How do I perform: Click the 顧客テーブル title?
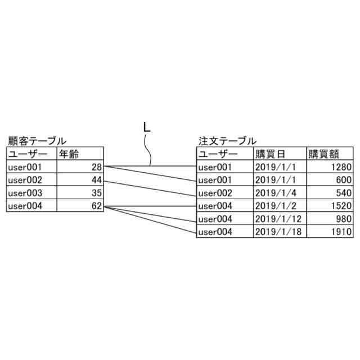coord(37,141)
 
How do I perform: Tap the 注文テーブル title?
coord(227,141)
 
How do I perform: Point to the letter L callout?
coord(146,128)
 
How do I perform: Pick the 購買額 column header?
coord(323,154)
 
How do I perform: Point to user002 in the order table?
coord(215,193)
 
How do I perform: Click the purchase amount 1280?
coord(341,167)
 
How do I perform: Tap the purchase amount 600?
coord(344,180)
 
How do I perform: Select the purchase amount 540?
coord(344,193)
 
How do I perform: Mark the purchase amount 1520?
coord(341,206)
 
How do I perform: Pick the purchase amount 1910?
coord(341,232)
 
